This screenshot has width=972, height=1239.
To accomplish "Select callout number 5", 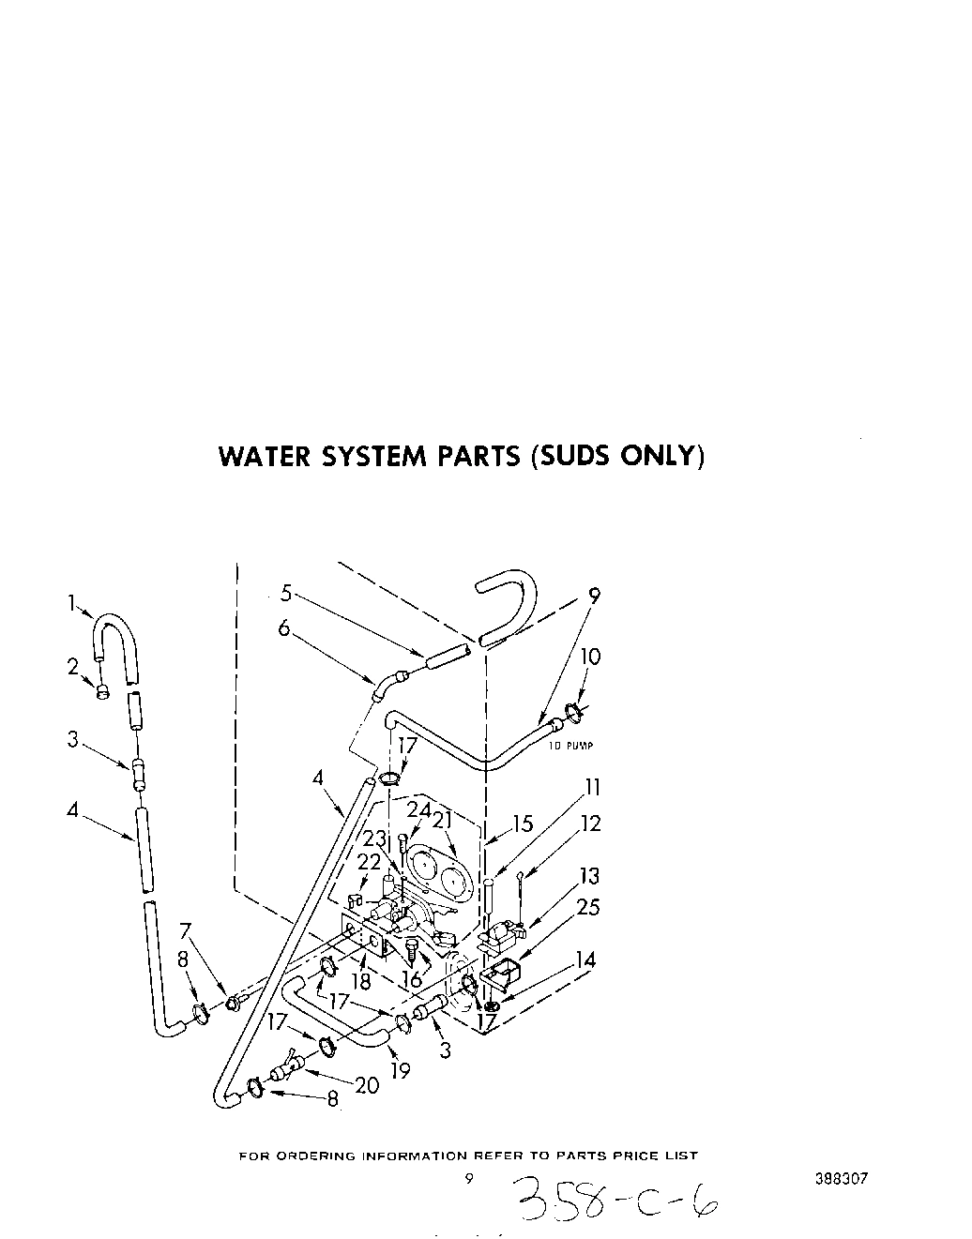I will click(x=286, y=593).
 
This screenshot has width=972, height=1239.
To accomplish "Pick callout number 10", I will click(x=589, y=657).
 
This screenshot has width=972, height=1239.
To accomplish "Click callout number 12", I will click(x=590, y=823).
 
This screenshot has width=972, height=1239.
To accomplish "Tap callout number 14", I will click(x=585, y=960).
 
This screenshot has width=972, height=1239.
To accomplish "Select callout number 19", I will click(x=401, y=1070).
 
